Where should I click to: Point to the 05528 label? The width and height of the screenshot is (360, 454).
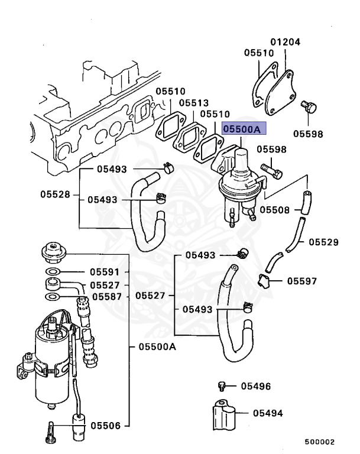pyautogui.click(x=55, y=194)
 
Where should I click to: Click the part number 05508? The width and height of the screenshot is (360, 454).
pyautogui.click(x=275, y=209)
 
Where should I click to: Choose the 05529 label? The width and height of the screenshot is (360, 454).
pyautogui.click(x=323, y=242)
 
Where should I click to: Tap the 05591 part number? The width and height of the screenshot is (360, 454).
pyautogui.click(x=105, y=272)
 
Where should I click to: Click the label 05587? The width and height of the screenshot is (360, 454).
pyautogui.click(x=105, y=297)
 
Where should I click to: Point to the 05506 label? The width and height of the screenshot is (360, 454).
pyautogui.click(x=105, y=425)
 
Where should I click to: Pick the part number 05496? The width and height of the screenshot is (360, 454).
pyautogui.click(x=255, y=387)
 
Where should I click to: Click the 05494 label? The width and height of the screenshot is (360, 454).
pyautogui.click(x=268, y=413)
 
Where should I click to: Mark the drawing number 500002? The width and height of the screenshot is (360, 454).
pyautogui.click(x=320, y=442)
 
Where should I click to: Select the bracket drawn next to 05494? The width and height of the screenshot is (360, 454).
pyautogui.click(x=223, y=414)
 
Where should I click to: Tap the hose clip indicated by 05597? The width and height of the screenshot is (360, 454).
pyautogui.click(x=264, y=281)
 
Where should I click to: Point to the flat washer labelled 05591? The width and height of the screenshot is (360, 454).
pyautogui.click(x=53, y=272)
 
